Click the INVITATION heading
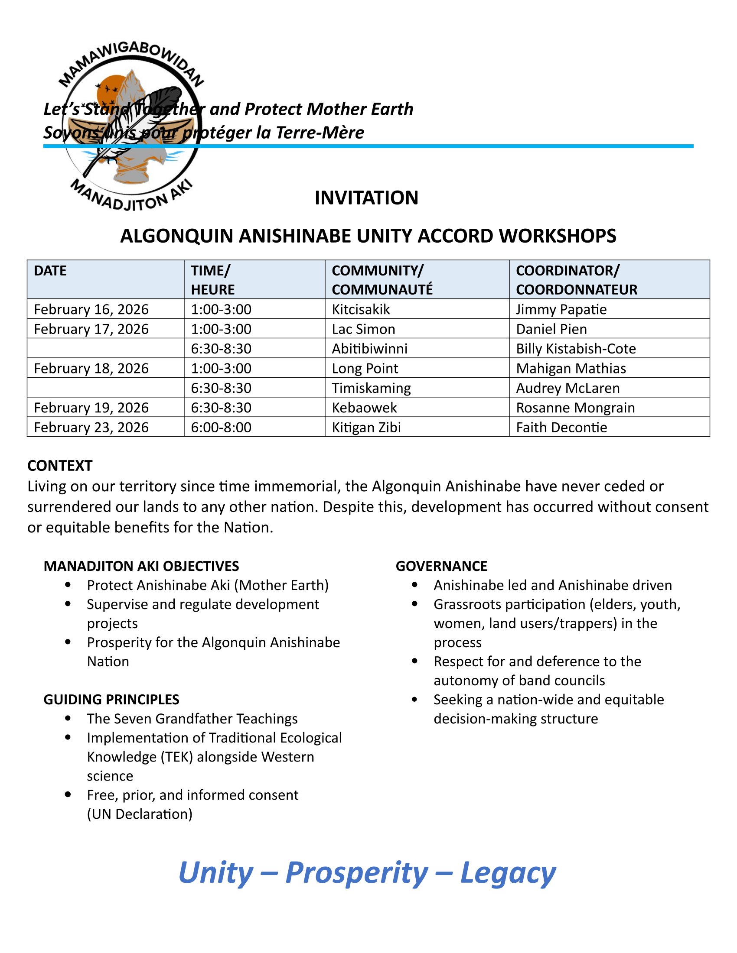click(366, 198)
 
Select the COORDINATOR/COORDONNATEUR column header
click(576, 280)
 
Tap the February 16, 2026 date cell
click(91, 309)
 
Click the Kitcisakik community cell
click(361, 309)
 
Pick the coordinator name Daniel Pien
click(551, 329)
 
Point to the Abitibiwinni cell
click(369, 349)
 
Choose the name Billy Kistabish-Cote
click(575, 349)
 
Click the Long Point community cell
click(365, 368)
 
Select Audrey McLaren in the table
click(567, 388)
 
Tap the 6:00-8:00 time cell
click(221, 427)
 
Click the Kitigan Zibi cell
click(366, 427)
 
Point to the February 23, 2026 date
click(91, 427)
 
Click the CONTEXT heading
click(60, 466)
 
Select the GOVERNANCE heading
click(441, 566)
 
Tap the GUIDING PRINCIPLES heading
click(111, 700)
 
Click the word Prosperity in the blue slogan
click(356, 873)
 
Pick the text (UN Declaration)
click(139, 814)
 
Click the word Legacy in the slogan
click(508, 873)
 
